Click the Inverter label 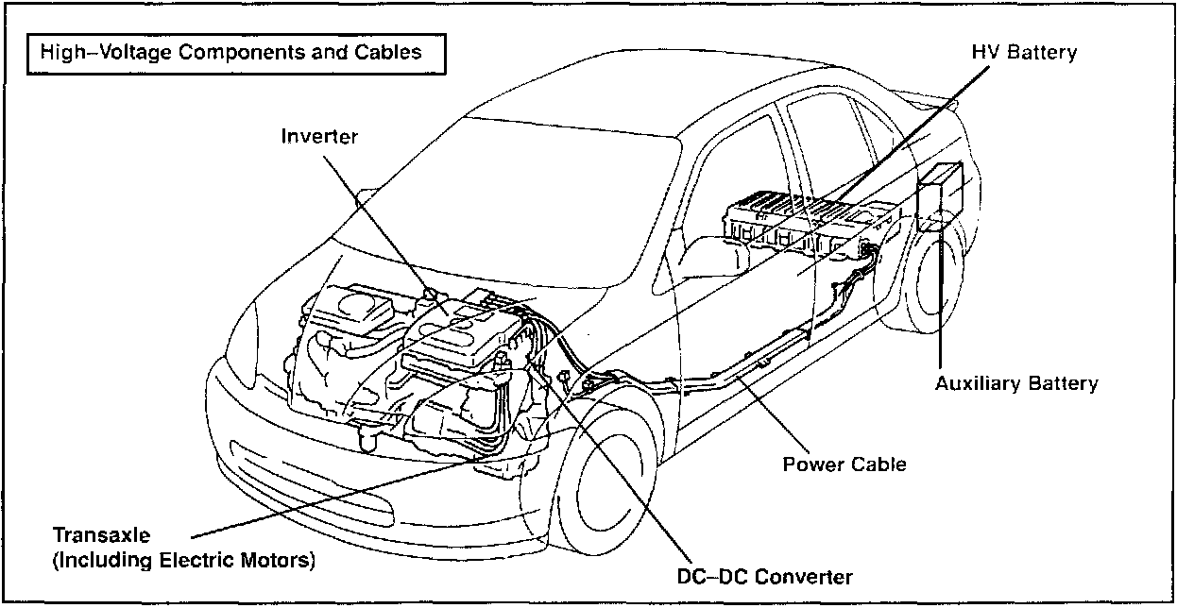pyautogui.click(x=319, y=137)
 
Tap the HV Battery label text pyautogui.click(x=1024, y=53)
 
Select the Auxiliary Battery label pyautogui.click(x=1016, y=383)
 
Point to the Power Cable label pyautogui.click(x=844, y=464)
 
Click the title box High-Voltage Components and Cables pyautogui.click(x=230, y=52)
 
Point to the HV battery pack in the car pyautogui.click(x=803, y=222)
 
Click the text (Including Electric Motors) pyautogui.click(x=183, y=560)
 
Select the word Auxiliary pyautogui.click(x=977, y=383)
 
